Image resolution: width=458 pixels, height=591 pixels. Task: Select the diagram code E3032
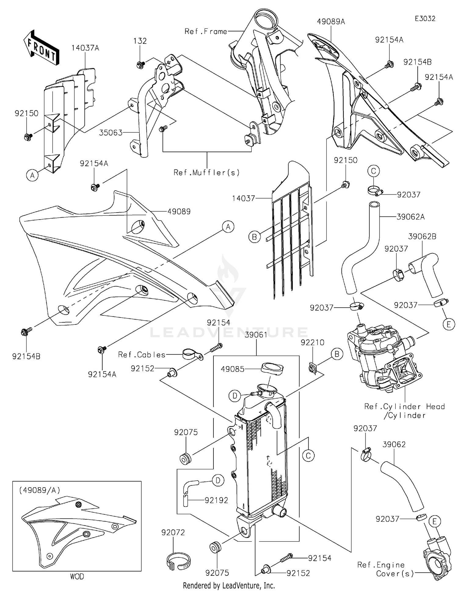point(425,19)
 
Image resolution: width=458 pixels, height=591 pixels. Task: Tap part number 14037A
point(85,48)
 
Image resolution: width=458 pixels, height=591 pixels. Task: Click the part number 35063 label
point(111,133)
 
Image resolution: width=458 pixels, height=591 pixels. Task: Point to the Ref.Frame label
point(206,31)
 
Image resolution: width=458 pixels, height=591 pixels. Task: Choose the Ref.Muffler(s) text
point(207,173)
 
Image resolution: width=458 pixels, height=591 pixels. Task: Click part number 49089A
point(331,22)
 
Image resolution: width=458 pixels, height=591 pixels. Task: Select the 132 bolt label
point(140,41)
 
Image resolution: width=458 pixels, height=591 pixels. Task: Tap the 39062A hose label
point(411,217)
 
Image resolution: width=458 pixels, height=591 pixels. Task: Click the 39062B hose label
point(422,236)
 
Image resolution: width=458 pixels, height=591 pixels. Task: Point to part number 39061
point(256,335)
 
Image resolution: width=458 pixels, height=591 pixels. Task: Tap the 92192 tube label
point(216,500)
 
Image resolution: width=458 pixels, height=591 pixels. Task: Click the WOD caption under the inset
point(77,576)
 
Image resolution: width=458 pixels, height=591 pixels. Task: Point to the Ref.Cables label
point(142,355)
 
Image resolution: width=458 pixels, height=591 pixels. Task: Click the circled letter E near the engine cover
point(434,522)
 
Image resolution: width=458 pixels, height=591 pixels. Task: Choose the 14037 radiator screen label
point(243,199)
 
